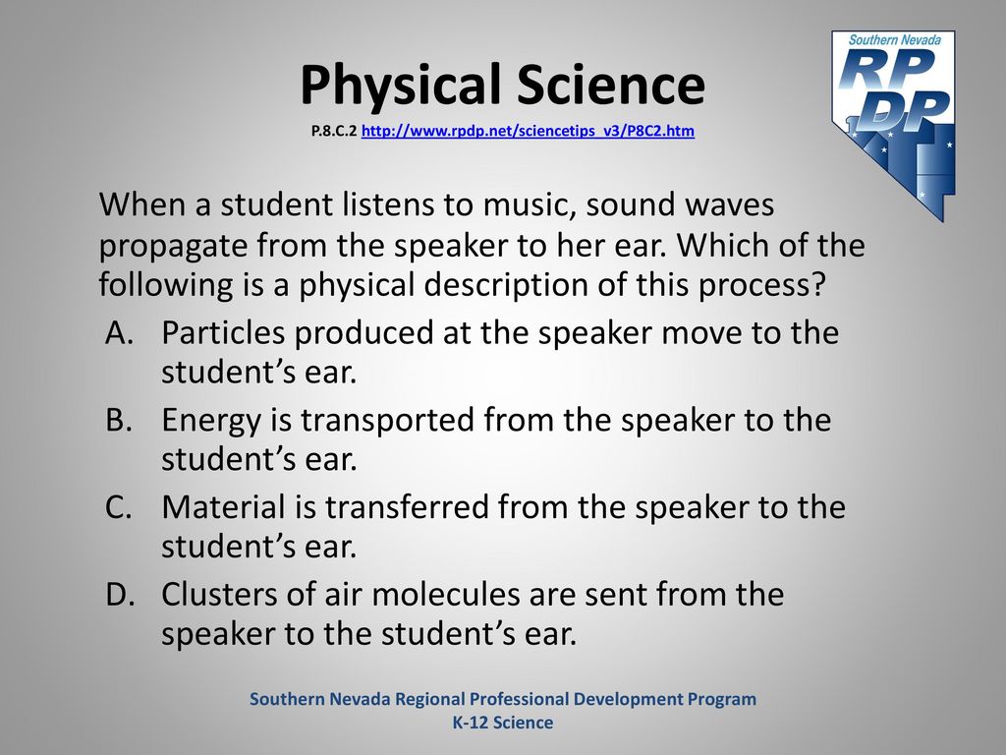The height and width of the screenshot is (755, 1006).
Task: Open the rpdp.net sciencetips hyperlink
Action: pos(528,131)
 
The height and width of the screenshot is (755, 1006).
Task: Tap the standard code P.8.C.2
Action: pos(334,131)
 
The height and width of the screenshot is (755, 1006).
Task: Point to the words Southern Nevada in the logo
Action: pos(894,39)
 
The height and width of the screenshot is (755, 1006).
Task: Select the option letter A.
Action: pos(119,332)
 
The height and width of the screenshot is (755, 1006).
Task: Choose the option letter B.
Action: pos(119,419)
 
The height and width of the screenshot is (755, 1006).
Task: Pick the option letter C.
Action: pos(119,506)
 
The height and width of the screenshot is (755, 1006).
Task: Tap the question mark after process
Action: pos(816,283)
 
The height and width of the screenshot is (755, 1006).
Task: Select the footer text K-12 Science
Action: pos(503,723)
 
